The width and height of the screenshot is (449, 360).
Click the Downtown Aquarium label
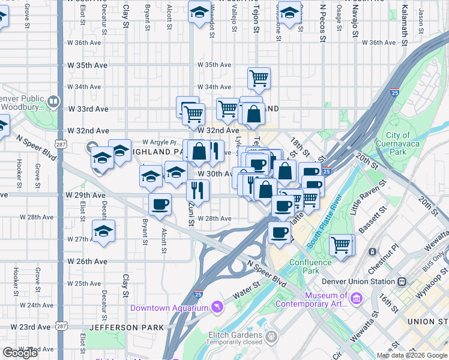pos(169,308)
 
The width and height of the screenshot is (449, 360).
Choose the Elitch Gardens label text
pos(237,335)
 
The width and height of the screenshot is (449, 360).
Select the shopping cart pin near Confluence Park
pos(341,244)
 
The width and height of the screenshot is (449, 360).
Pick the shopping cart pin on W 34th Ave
pos(259,77)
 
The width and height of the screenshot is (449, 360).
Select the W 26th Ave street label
pos(87,262)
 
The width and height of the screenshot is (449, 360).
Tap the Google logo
pos(20,352)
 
